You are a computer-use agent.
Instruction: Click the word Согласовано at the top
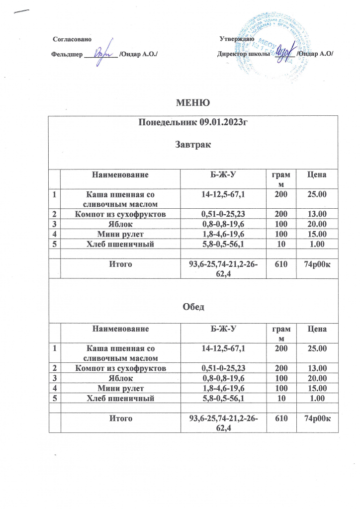pos(72,39)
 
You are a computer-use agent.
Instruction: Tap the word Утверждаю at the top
pos(237,39)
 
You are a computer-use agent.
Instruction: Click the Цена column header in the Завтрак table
pos(317,175)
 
